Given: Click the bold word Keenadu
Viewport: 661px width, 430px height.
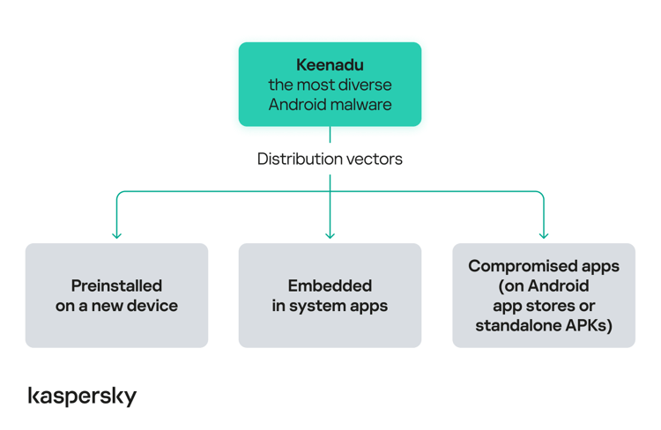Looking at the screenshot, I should coord(330,65).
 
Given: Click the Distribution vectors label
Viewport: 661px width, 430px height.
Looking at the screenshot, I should coord(330,159).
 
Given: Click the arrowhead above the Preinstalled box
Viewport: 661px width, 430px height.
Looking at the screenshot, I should coord(116,234).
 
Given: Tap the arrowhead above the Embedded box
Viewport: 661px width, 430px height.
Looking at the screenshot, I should coord(330,234).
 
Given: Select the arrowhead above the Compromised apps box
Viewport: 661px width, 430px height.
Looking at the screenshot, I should coord(544,234).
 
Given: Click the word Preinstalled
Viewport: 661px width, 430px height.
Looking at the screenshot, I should coord(116,285).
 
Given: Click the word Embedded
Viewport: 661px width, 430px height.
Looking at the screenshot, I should coord(330,285).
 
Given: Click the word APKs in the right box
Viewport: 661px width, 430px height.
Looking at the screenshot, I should coord(587,326).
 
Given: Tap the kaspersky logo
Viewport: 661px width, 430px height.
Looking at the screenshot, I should coord(82,397).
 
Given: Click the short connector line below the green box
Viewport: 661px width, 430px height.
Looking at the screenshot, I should coord(330,135).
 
